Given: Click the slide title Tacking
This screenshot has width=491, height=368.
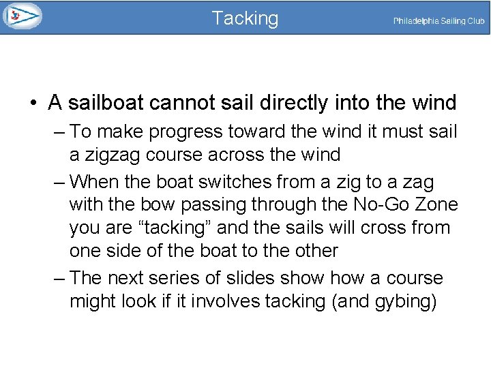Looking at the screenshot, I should (x=245, y=18).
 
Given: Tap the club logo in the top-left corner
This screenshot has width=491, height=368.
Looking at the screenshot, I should (x=22, y=16).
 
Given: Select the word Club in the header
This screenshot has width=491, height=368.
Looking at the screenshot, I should (x=476, y=21).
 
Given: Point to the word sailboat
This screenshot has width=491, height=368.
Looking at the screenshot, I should (x=106, y=103).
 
